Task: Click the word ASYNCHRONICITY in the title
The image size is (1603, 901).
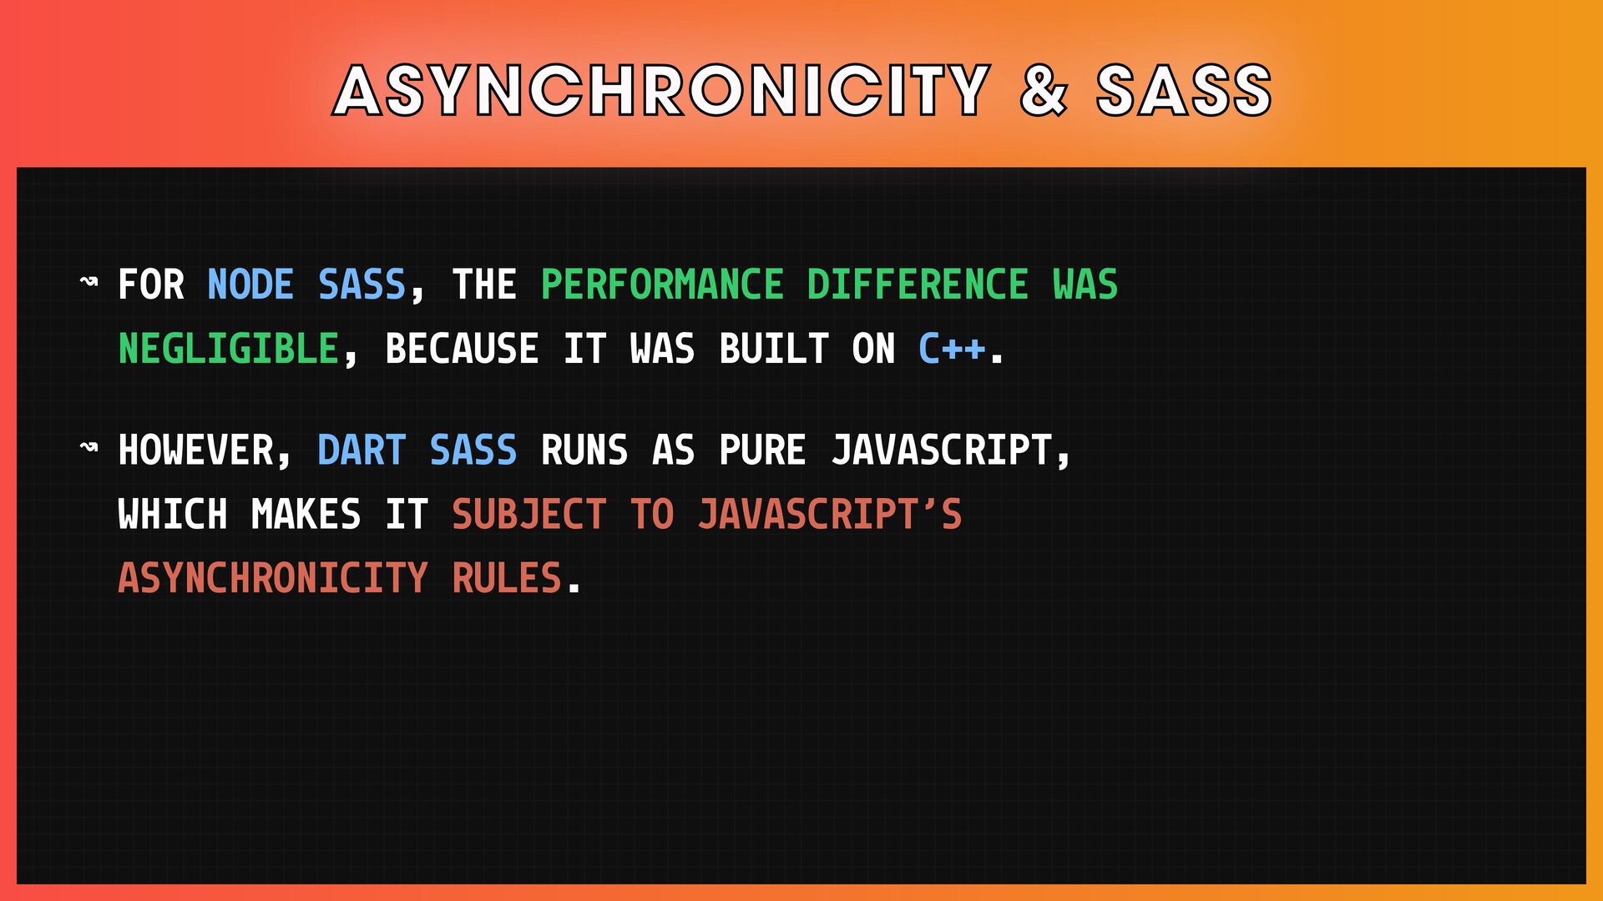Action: pos(661,90)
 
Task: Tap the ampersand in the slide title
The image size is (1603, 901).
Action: pos(1044,90)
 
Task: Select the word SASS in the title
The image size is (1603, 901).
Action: pos(1184,90)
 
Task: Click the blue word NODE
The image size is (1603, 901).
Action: pos(250,284)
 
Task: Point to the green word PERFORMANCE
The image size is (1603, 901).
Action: pos(662,284)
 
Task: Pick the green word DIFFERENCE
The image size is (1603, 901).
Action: pos(918,284)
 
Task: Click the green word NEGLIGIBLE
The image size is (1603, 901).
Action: pos(229,349)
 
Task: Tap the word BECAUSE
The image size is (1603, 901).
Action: pos(462,349)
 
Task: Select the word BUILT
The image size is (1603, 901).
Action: pos(774,349)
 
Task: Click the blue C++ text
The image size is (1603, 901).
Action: pos(951,349)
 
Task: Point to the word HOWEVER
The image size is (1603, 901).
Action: pos(195,450)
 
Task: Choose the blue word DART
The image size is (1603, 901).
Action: pos(362,450)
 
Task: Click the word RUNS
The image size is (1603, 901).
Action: pos(584,450)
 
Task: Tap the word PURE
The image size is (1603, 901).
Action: pos(762,450)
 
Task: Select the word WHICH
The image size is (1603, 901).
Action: pos(173,514)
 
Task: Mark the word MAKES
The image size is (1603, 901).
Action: pos(306,514)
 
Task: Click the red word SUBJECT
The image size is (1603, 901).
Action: pos(528,514)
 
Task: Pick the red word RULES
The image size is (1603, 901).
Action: pos(507,578)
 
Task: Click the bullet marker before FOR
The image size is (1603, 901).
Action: pos(88,282)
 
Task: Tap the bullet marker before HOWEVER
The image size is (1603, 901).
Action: pos(88,448)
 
